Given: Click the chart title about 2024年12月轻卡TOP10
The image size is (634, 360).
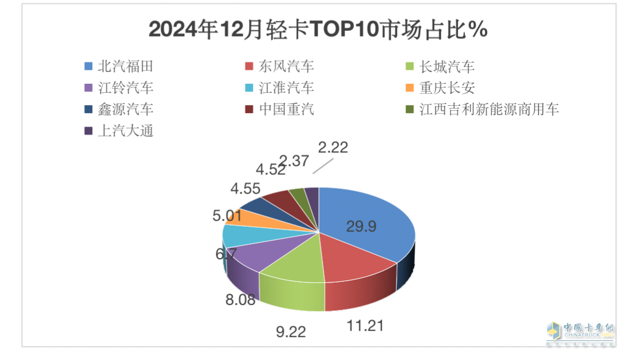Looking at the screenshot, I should click(x=318, y=30).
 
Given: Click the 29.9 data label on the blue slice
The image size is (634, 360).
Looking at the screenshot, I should click(x=361, y=227).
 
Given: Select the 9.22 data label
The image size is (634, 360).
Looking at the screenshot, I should click(x=290, y=332).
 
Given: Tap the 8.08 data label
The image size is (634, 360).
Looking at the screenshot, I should click(x=240, y=299).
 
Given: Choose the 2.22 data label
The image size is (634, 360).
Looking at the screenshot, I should click(x=333, y=148).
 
